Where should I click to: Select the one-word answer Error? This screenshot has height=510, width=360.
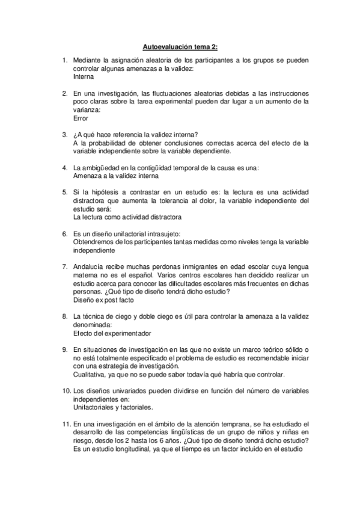(x=80, y=118)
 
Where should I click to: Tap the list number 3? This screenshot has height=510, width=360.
(x=65, y=134)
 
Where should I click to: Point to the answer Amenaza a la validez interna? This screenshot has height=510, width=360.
(x=115, y=176)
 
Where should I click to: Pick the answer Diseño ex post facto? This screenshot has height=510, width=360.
(x=103, y=299)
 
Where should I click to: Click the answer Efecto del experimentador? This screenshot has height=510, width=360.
(x=111, y=333)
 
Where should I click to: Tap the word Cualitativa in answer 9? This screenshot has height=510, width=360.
(x=88, y=374)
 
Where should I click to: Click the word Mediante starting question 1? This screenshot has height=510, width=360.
(x=88, y=60)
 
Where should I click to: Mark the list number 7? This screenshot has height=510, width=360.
(x=65, y=266)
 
